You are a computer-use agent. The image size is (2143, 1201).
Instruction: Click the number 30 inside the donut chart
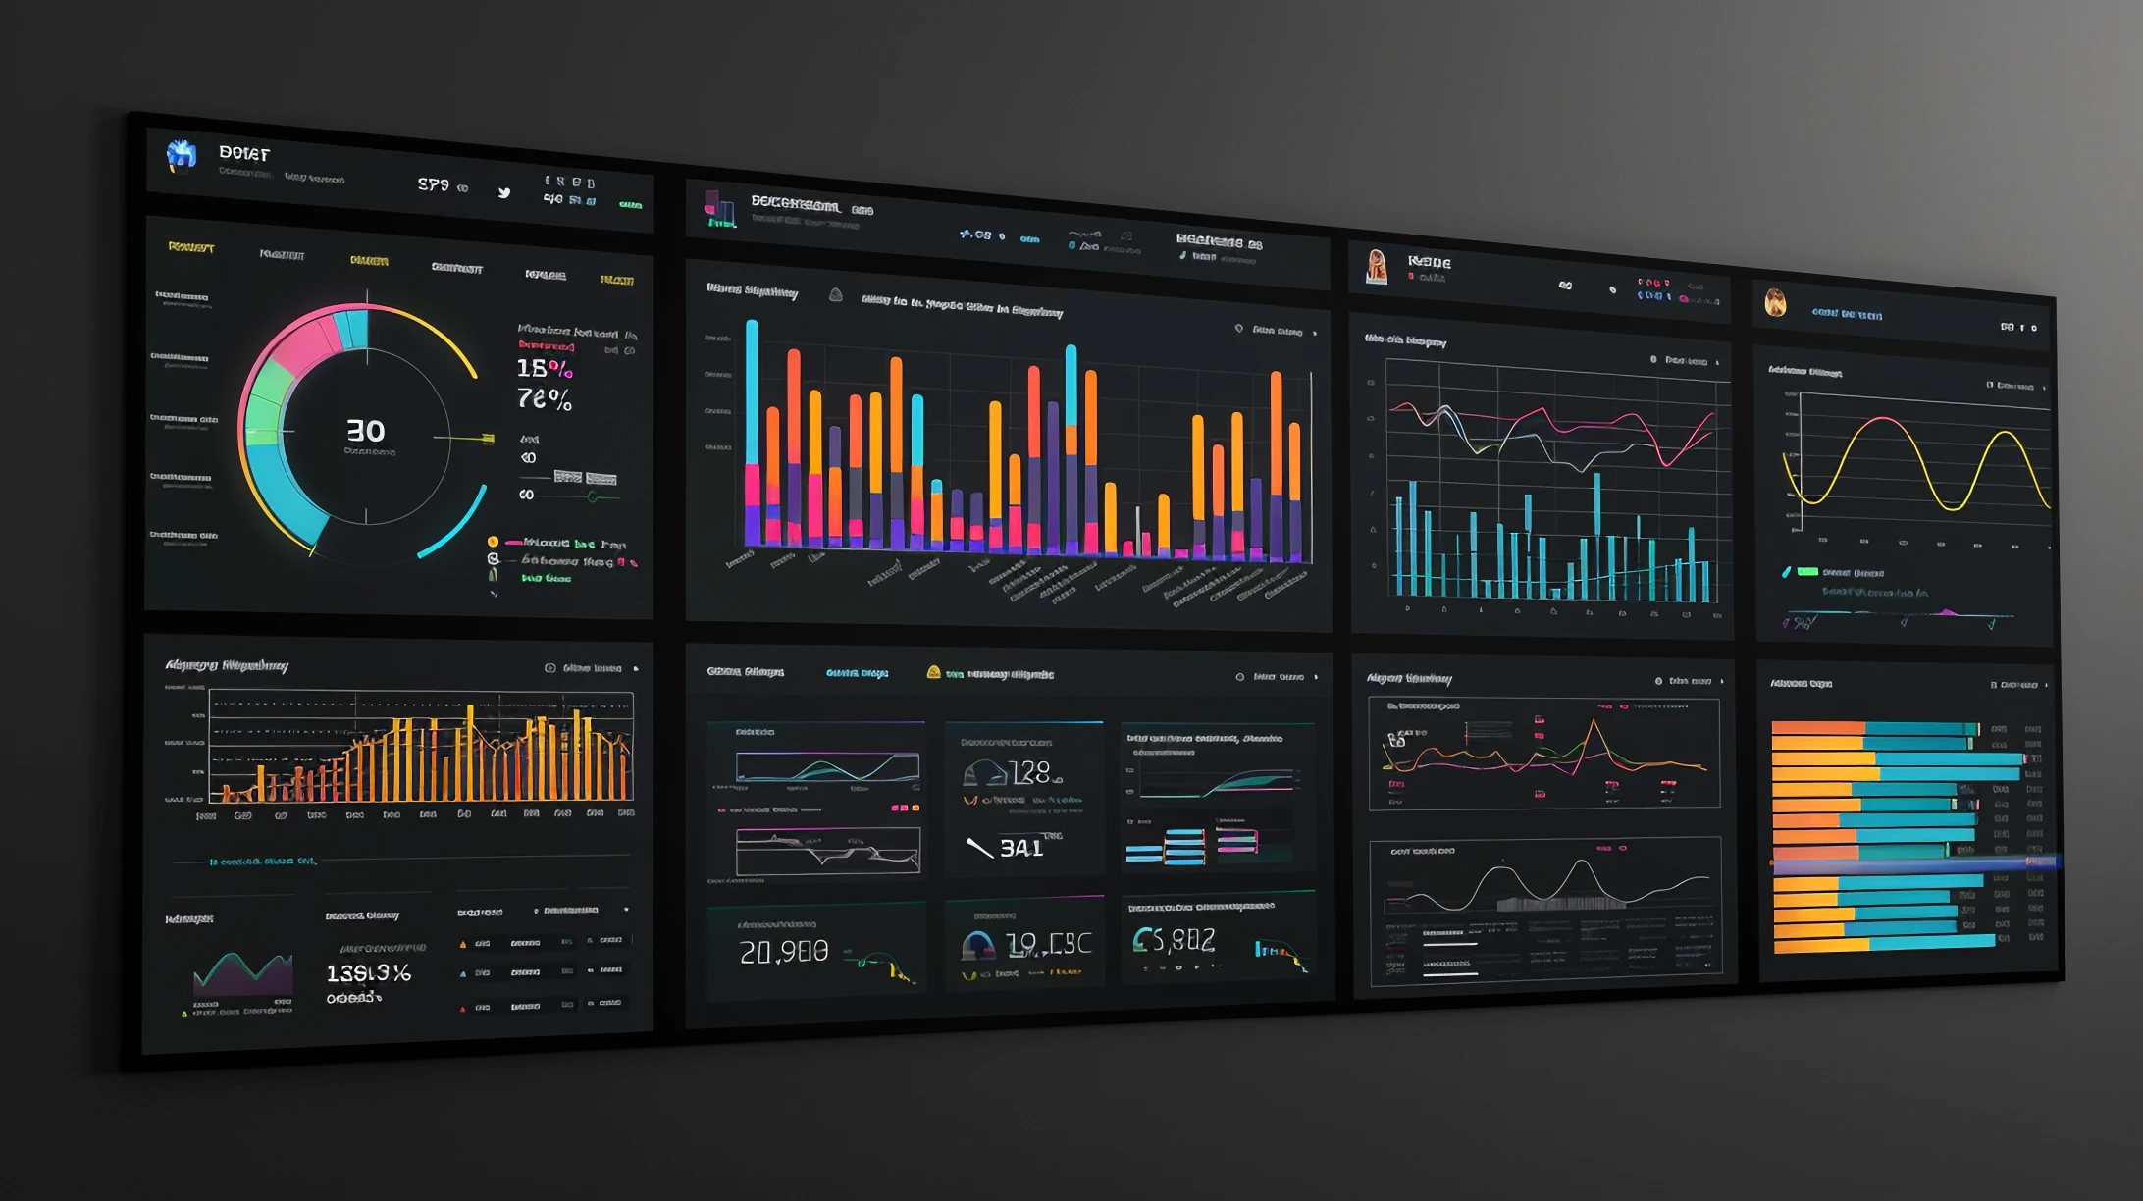[x=365, y=431]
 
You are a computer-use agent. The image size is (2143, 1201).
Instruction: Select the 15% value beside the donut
[x=544, y=368]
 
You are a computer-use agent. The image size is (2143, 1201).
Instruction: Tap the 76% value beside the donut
[x=544, y=399]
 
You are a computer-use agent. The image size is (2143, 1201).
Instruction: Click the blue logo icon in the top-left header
[x=182, y=154]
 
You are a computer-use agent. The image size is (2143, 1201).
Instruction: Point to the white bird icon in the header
[x=504, y=192]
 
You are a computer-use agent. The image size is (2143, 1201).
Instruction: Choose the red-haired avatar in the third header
[x=1377, y=265]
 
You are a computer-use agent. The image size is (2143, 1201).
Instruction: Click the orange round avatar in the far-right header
[x=1775, y=302]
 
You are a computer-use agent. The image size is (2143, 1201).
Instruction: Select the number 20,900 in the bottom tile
[x=783, y=951]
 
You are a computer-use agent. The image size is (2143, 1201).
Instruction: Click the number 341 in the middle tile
[x=1020, y=848]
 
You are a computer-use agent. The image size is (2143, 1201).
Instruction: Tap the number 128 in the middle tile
[x=1029, y=773]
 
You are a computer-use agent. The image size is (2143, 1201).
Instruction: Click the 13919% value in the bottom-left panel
[x=368, y=972]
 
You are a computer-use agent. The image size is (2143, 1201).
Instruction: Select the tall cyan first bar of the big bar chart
[x=752, y=392]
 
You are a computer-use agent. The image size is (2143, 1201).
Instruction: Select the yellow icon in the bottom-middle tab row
[x=933, y=672]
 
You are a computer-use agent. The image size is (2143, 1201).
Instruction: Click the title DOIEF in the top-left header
[x=244, y=153]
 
